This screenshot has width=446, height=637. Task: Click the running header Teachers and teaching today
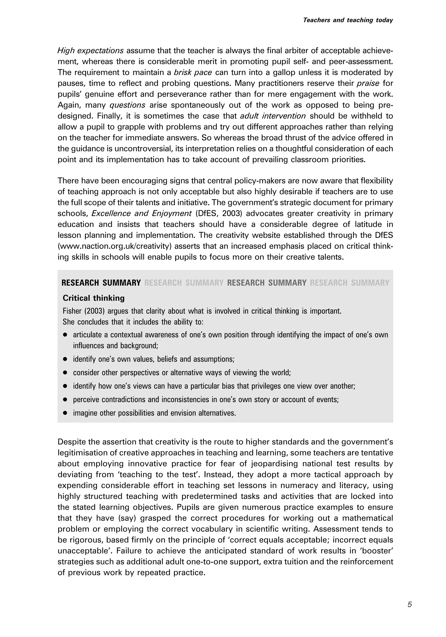point(348,20)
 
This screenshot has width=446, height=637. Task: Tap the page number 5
point(410,604)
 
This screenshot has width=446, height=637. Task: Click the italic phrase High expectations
point(90,51)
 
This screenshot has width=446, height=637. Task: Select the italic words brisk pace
point(193,72)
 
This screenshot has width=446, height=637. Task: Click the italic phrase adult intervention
point(273,116)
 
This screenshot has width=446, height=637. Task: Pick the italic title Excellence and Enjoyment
point(142,213)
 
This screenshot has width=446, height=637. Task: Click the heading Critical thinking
point(93,298)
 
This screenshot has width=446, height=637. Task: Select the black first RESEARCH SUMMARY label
point(101,283)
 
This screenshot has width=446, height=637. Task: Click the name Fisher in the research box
point(71,311)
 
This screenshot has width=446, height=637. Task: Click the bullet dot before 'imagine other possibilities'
point(65,413)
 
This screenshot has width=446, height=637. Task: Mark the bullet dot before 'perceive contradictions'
point(65,400)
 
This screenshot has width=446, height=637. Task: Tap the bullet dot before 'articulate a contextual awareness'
point(65,335)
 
